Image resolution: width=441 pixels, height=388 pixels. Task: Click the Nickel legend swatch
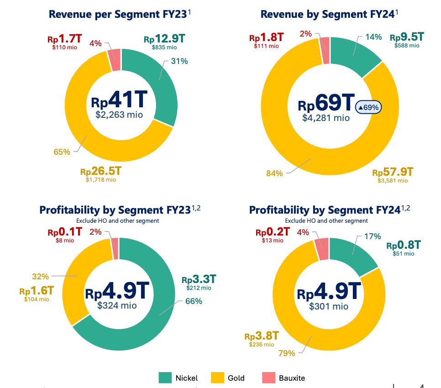coord(165,378)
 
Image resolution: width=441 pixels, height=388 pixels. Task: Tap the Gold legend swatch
coord(217,378)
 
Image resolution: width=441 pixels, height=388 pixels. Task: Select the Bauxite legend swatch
coord(268,378)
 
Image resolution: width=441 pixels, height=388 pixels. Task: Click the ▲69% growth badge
coord(368,107)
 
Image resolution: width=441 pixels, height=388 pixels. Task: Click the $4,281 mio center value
coord(326,118)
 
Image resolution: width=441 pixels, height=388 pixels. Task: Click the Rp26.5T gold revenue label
coord(101,172)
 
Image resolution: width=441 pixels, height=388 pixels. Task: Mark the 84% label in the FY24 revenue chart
coord(275,173)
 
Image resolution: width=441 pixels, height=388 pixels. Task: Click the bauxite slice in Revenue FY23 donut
coord(115,60)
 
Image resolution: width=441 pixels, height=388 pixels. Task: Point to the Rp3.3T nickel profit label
coord(199,279)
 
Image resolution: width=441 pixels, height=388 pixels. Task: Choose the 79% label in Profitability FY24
coord(286,353)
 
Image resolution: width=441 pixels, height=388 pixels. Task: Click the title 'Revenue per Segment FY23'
coord(118,14)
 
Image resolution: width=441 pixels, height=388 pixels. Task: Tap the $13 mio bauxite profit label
coord(273,241)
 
